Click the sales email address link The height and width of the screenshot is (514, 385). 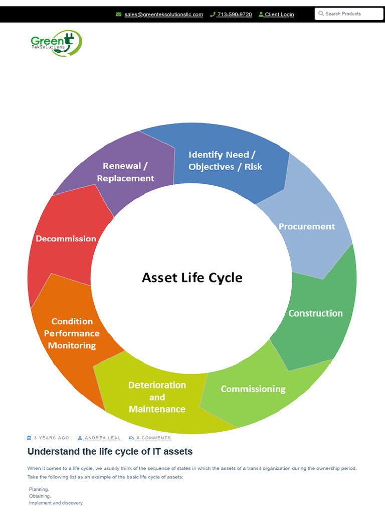pyautogui.click(x=163, y=15)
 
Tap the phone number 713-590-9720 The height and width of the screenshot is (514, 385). pyautogui.click(x=234, y=15)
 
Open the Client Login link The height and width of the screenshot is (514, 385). pyautogui.click(x=279, y=15)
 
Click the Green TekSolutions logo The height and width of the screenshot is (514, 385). pyautogui.click(x=56, y=43)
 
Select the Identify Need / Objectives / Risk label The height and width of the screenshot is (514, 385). pyautogui.click(x=225, y=161)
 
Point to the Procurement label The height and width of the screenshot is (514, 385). pyautogui.click(x=306, y=226)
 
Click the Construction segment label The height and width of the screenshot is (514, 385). pyautogui.click(x=315, y=313)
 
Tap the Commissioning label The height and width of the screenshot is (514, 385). pyautogui.click(x=253, y=389)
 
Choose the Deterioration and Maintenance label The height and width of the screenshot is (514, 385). pyautogui.click(x=157, y=397)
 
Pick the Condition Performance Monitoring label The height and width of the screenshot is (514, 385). pyautogui.click(x=72, y=333)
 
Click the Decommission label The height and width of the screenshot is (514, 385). pyautogui.click(x=66, y=238)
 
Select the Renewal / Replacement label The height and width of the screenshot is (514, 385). pyautogui.click(x=125, y=172)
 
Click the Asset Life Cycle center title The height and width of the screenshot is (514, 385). pyautogui.click(x=192, y=278)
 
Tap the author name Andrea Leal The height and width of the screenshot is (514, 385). pyautogui.click(x=102, y=438)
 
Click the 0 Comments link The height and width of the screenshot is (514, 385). pyautogui.click(x=153, y=438)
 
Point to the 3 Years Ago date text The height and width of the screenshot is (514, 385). pyautogui.click(x=51, y=438)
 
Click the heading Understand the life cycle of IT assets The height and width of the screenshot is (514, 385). pyautogui.click(x=110, y=452)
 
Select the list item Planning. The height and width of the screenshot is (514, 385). pyautogui.click(x=39, y=489)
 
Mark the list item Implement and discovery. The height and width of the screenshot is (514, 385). pyautogui.click(x=56, y=502)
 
